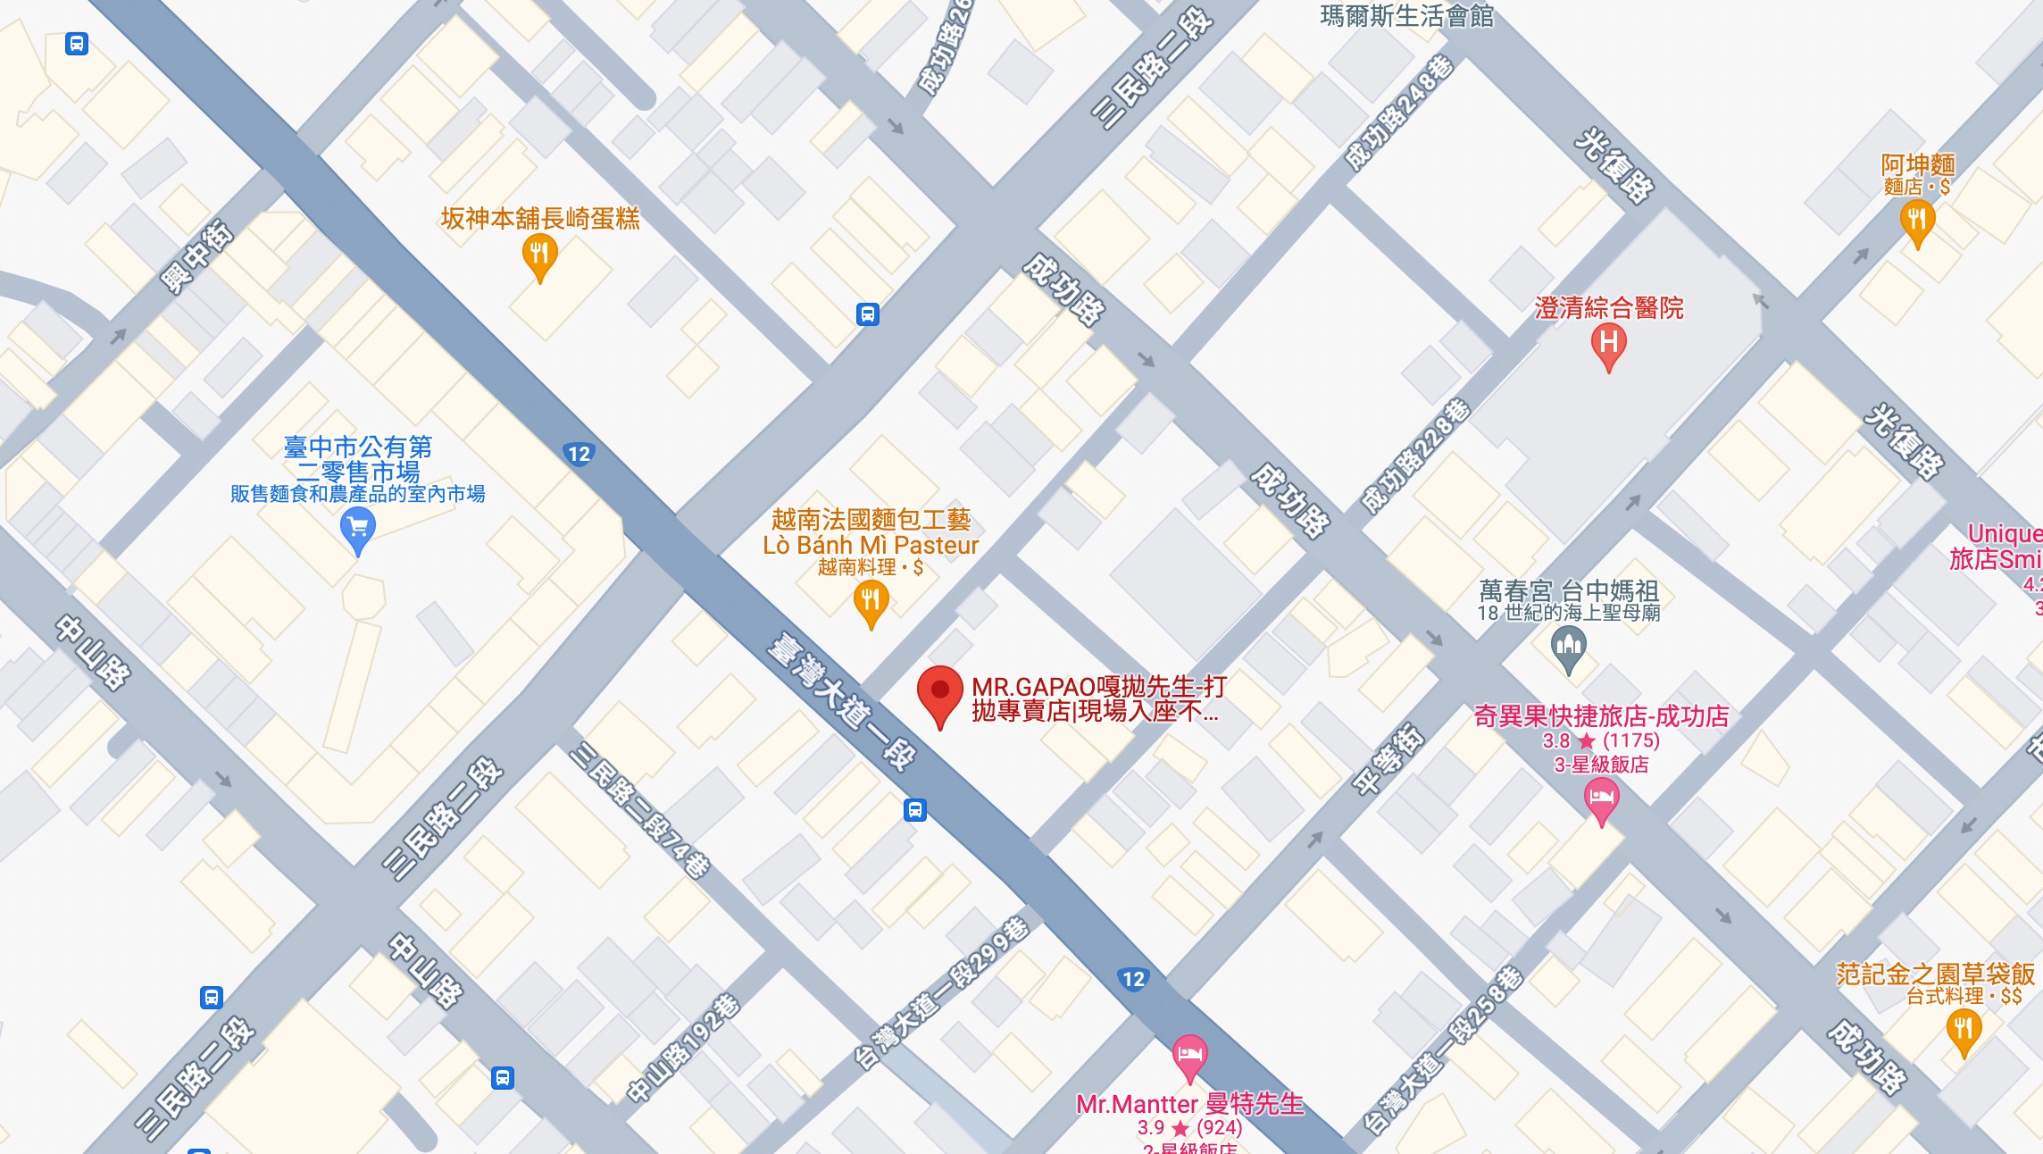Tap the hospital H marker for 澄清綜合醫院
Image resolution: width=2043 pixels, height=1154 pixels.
tap(1608, 344)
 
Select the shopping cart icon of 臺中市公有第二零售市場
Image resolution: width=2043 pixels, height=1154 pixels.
tap(357, 530)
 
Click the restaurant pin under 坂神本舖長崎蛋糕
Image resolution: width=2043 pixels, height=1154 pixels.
tap(539, 255)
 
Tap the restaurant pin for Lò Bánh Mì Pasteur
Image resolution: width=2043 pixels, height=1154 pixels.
tap(871, 601)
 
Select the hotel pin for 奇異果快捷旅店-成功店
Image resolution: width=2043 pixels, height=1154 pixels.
tap(1601, 799)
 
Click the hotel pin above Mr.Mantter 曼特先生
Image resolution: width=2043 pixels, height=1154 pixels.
tap(1189, 1056)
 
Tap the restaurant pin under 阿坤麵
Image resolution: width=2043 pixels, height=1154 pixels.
tap(1917, 221)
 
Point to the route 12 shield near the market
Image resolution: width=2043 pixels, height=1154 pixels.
tap(580, 454)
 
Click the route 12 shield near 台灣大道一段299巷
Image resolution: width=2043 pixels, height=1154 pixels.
tap(1133, 979)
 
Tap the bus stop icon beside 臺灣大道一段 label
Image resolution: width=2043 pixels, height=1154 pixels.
tap(914, 810)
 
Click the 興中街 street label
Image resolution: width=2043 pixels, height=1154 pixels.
tap(196, 257)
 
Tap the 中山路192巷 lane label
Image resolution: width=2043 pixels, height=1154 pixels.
tap(682, 1049)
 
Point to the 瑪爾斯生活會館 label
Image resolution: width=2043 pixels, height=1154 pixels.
tap(1406, 15)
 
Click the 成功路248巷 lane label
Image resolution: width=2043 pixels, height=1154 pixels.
tap(1399, 113)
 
